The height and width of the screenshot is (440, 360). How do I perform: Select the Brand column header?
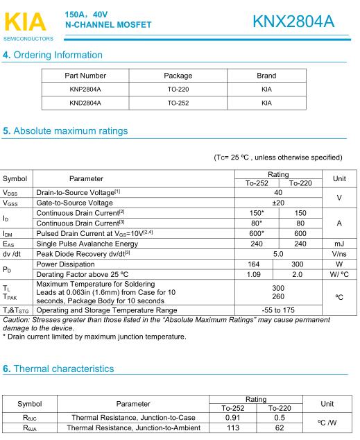tap(266, 76)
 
